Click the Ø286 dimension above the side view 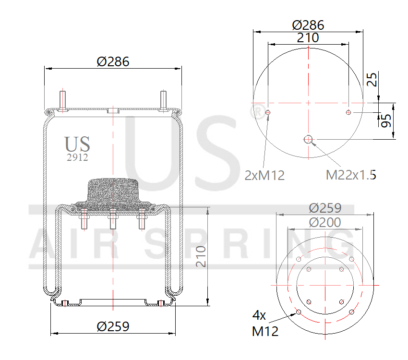(x=113, y=61)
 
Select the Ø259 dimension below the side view (x=113, y=326)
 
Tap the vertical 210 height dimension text (x=201, y=257)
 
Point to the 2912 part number (x=77, y=157)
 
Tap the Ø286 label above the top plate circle (x=308, y=25)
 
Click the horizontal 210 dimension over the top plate (x=308, y=38)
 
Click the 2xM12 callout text (x=264, y=176)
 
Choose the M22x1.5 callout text (x=351, y=175)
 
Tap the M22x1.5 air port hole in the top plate (x=308, y=139)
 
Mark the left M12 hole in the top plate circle (x=268, y=113)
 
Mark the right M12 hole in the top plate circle (x=348, y=112)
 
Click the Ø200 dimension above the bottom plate (x=325, y=223)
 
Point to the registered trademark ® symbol (x=258, y=112)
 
